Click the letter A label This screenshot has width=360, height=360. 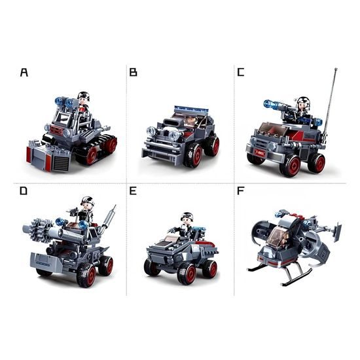click(x=24, y=72)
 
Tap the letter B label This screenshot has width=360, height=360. click(x=133, y=72)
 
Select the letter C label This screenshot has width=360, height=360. click(x=241, y=72)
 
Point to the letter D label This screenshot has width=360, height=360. click(x=24, y=190)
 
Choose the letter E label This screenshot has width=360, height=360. click(x=133, y=190)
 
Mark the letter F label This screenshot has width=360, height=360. click(x=241, y=190)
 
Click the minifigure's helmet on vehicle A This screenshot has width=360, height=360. click(x=83, y=95)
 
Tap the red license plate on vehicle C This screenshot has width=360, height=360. click(x=259, y=153)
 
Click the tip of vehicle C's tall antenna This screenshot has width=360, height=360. click(x=336, y=69)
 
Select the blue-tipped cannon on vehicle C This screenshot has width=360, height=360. click(x=277, y=105)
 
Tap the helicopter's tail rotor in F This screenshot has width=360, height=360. click(x=336, y=231)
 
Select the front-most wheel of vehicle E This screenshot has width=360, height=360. click(x=187, y=272)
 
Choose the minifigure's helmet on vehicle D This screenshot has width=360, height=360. click(x=88, y=200)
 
